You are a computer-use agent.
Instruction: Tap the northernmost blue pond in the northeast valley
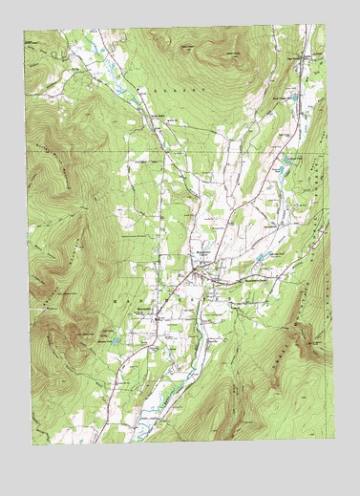pyautogui.click(x=293, y=97)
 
